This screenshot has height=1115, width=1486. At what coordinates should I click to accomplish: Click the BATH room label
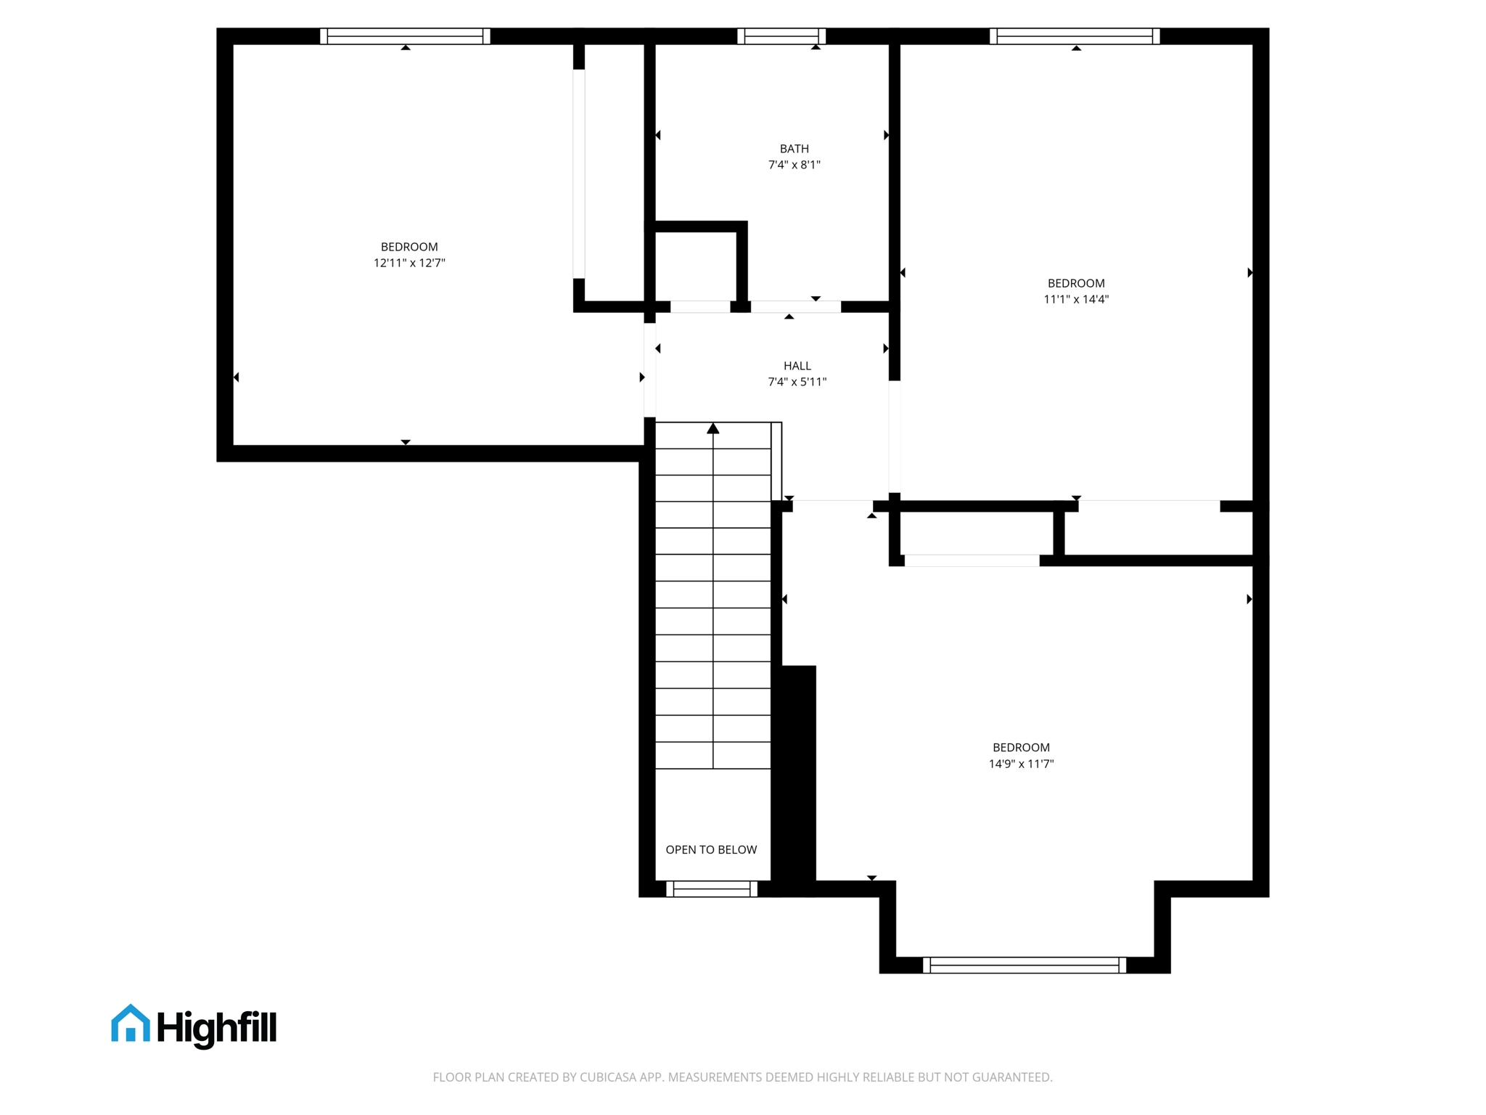(794, 149)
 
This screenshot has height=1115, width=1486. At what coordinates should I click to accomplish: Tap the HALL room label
(797, 366)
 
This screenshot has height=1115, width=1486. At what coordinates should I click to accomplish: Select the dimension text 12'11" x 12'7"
(409, 263)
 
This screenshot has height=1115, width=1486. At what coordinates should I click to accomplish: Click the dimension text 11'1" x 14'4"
(1075, 299)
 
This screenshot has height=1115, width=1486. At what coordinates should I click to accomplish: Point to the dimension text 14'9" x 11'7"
(1021, 764)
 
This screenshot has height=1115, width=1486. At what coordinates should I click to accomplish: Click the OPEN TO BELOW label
(711, 849)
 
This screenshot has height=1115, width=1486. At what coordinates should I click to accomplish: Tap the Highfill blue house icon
(131, 1024)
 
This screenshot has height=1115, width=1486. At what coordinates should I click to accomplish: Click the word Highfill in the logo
(216, 1028)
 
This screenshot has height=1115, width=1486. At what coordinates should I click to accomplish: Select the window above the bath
(781, 36)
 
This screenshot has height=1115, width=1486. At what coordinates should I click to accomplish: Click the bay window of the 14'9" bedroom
(1024, 965)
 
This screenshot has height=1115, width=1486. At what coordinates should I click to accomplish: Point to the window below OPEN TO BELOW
(712, 889)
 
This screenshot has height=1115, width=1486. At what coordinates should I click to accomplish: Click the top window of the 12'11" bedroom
(405, 36)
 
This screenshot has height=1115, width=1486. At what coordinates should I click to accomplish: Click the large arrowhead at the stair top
(713, 429)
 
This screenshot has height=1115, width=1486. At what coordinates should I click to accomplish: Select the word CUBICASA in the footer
(608, 1077)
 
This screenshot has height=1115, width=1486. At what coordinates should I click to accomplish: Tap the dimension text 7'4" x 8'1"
(794, 165)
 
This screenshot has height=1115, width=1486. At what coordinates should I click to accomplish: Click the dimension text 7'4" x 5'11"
(797, 382)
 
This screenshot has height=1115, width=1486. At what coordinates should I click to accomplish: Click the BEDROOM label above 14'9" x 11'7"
(1021, 748)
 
